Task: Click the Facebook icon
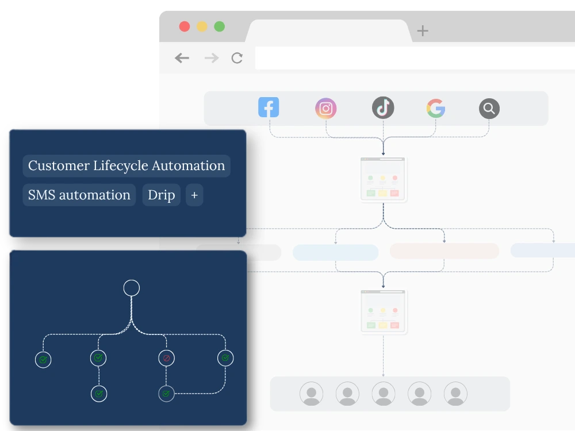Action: tap(269, 107)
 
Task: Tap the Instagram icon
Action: tap(325, 108)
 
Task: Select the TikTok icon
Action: tap(383, 108)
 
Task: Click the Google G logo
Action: tap(436, 108)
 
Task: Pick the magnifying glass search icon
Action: tap(489, 109)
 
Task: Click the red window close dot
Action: tap(185, 26)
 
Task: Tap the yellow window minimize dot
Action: tap(202, 26)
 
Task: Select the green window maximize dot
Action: tap(219, 26)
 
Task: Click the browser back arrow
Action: tap(182, 58)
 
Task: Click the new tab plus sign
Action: tap(423, 30)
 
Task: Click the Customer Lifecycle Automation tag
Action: tap(126, 166)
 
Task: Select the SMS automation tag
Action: tap(79, 195)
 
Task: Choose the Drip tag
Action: tap(162, 195)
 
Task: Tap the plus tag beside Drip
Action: tap(194, 195)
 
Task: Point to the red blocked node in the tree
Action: tap(167, 358)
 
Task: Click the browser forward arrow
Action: tap(212, 58)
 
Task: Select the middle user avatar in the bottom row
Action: tap(384, 394)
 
